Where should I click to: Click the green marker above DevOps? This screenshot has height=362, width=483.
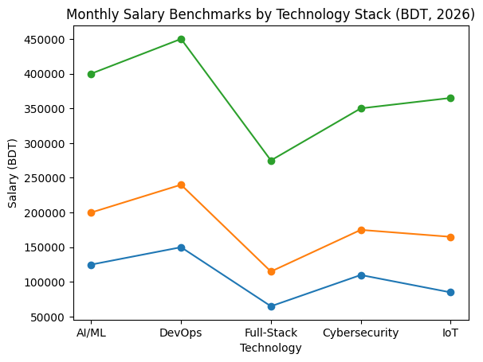(181, 39)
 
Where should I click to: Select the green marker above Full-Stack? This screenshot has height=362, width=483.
(271, 161)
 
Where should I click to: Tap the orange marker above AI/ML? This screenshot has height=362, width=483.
(91, 212)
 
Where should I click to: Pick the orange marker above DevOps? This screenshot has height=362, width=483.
(181, 185)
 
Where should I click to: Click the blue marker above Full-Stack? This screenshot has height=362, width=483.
(271, 306)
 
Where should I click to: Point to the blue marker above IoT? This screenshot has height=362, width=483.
(450, 292)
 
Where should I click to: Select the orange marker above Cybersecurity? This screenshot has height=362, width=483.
(361, 230)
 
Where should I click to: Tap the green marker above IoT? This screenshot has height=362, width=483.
(450, 98)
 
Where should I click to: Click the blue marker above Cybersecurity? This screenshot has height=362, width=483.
(361, 275)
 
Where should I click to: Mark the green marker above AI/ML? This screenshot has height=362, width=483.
(91, 74)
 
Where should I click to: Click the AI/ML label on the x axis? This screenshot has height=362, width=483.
(91, 333)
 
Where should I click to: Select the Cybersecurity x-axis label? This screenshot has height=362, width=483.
(361, 333)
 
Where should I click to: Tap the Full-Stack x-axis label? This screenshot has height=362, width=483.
(271, 333)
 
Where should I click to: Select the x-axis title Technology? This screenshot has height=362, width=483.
(271, 348)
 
